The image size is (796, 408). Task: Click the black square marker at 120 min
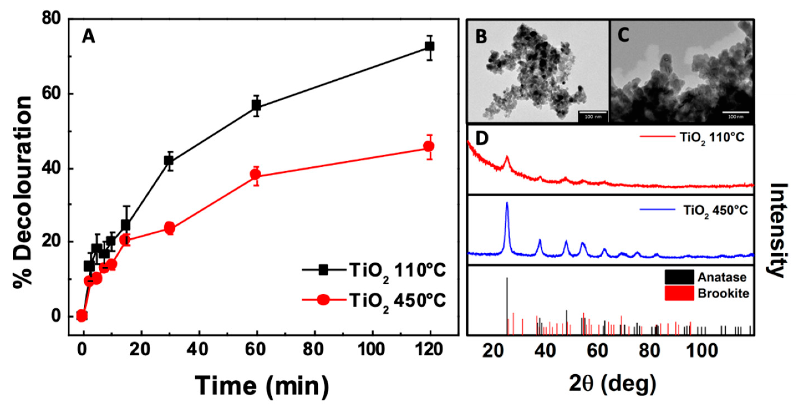(x=429, y=46)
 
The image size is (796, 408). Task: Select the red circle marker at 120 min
(x=429, y=146)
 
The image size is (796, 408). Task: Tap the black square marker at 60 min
(x=256, y=106)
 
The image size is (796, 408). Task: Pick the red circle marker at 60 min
(x=256, y=175)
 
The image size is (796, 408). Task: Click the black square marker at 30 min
(x=169, y=160)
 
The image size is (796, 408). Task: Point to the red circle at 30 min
(x=169, y=228)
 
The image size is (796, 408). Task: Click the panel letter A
(x=88, y=37)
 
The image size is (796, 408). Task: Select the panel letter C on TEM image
(x=623, y=35)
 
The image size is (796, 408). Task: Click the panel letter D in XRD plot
(x=482, y=139)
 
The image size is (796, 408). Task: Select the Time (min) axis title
(x=262, y=386)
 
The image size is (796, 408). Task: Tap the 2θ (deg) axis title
(x=612, y=384)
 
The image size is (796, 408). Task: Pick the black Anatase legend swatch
(x=679, y=277)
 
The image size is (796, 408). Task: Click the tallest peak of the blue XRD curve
(x=507, y=203)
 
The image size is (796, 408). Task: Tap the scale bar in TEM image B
(x=592, y=113)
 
